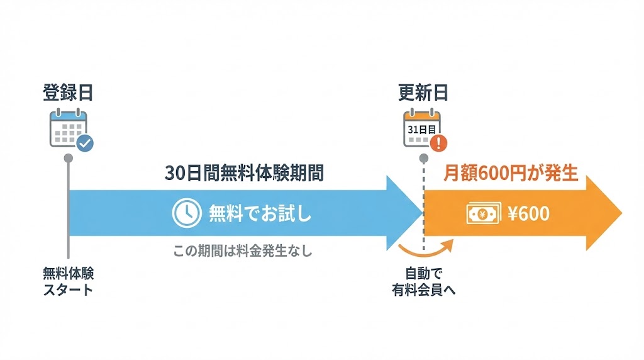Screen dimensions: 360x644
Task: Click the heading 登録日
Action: [x=68, y=93]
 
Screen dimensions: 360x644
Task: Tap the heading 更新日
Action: [x=423, y=93]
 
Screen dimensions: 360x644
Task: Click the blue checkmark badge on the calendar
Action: [x=85, y=143]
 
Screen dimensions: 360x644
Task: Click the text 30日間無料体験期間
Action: [x=244, y=173]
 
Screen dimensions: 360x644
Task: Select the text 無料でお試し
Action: [x=260, y=215]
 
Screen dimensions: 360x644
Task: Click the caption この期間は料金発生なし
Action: [x=243, y=250]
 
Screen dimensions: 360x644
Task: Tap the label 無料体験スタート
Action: [x=68, y=281]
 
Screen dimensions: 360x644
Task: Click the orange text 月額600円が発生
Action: [x=510, y=173]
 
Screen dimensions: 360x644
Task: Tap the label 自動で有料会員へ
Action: [x=423, y=281]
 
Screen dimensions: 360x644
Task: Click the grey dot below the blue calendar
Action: [x=68, y=157]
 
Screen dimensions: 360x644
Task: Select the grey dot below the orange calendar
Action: [x=424, y=157]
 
